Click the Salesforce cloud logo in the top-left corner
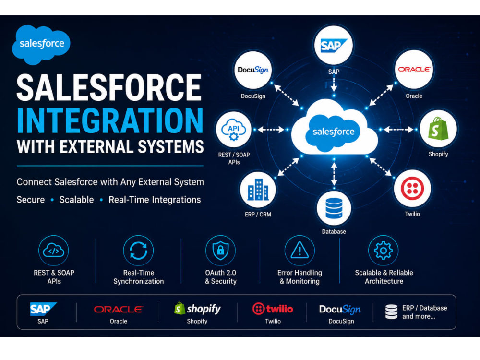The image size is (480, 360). coord(41,45)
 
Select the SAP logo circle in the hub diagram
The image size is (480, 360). coord(334,45)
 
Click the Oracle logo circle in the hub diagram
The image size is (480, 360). coord(414,70)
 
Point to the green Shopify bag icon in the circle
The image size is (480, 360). coord(438,129)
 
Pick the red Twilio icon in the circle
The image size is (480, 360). coord(412,188)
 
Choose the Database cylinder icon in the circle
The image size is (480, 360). coord(334,208)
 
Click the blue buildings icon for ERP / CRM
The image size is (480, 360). coord(258,190)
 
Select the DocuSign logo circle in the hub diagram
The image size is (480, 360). coord(253,70)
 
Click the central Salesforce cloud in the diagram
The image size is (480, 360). coord(334,129)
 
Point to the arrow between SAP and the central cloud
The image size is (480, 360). coord(334,84)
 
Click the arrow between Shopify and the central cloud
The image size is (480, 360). coord(398,130)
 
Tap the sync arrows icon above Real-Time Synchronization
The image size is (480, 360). coord(138,251)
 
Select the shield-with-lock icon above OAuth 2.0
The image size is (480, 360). coord(220,251)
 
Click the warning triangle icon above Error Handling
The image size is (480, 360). coord(300,250)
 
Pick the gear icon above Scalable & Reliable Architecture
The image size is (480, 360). coord(383,251)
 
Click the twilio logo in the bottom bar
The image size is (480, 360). coord(273,309)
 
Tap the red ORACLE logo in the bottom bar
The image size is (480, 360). coord(118,310)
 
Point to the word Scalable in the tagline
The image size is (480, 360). coord(76,200)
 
